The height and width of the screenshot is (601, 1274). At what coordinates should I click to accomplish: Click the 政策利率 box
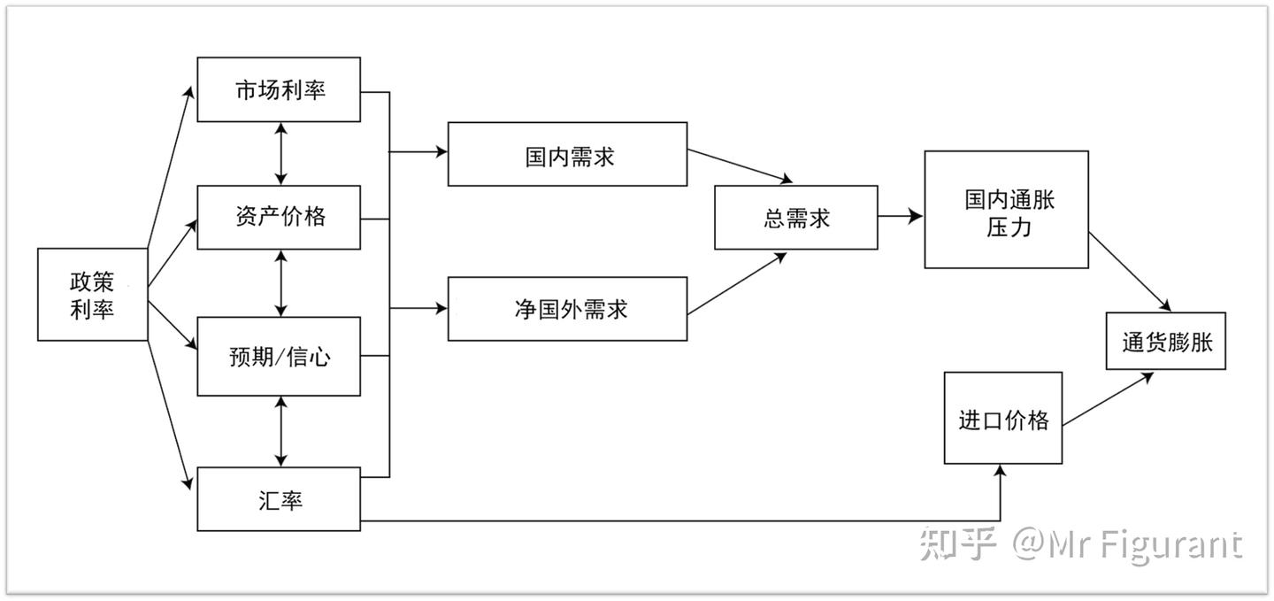point(92,295)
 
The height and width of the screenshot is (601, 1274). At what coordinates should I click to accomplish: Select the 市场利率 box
point(279,89)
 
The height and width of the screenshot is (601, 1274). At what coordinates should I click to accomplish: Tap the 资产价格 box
point(279,217)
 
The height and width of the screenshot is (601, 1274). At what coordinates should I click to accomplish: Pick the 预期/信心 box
point(279,356)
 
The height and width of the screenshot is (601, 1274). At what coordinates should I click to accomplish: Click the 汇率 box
point(279,500)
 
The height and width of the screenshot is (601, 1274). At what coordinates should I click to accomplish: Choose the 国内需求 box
point(567,154)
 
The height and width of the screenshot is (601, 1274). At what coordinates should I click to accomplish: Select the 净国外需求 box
point(567,309)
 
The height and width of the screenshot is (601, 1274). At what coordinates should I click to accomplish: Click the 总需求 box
point(795,217)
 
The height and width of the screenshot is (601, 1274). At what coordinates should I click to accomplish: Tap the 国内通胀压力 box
point(1006,210)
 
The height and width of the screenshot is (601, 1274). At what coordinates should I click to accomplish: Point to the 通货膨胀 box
point(1165,342)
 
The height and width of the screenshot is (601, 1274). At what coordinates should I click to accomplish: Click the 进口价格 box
point(1002,418)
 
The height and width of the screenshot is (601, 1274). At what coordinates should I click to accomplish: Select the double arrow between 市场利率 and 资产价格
point(281,153)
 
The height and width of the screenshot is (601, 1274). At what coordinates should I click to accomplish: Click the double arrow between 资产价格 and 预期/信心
point(281,283)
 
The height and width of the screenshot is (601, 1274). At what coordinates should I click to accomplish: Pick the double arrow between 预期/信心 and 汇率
point(281,432)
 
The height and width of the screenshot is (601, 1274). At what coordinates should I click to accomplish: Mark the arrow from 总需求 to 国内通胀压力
point(901,216)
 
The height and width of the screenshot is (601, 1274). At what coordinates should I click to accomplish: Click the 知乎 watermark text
point(957,543)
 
